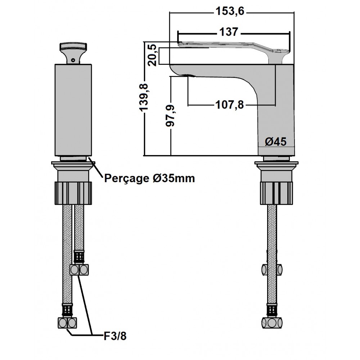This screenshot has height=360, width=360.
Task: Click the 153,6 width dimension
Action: [x=230, y=11]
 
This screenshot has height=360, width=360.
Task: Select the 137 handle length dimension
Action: [x=229, y=32]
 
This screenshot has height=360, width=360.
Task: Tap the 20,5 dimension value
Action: [x=152, y=55]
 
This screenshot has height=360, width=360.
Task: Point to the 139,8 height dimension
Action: [x=144, y=97]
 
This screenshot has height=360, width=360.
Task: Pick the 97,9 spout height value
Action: [x=170, y=116]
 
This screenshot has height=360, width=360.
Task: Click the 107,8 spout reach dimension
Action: [x=230, y=105]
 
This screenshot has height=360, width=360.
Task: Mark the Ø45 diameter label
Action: [x=276, y=141]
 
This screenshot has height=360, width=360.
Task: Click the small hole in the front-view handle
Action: [x=73, y=60]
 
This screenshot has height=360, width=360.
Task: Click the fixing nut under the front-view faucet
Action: [x=73, y=193]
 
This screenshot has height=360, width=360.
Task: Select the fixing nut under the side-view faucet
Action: [x=276, y=193]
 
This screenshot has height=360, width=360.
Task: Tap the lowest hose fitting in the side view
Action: [x=272, y=323]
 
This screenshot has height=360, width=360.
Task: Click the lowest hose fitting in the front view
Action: [x=67, y=323]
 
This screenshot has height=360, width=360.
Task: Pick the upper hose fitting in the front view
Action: [x=79, y=270]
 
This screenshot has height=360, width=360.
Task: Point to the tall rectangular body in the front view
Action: [x=73, y=110]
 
